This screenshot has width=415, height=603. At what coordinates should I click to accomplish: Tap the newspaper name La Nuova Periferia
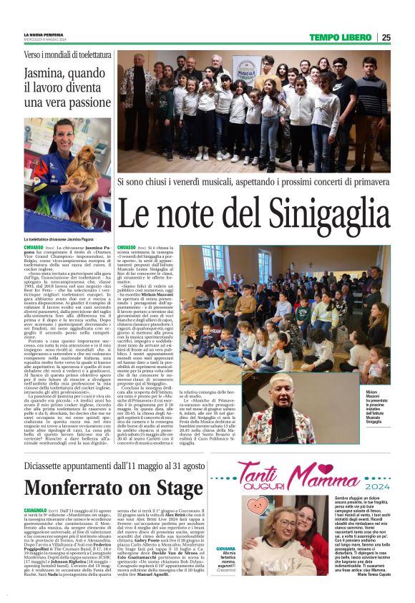43,34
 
